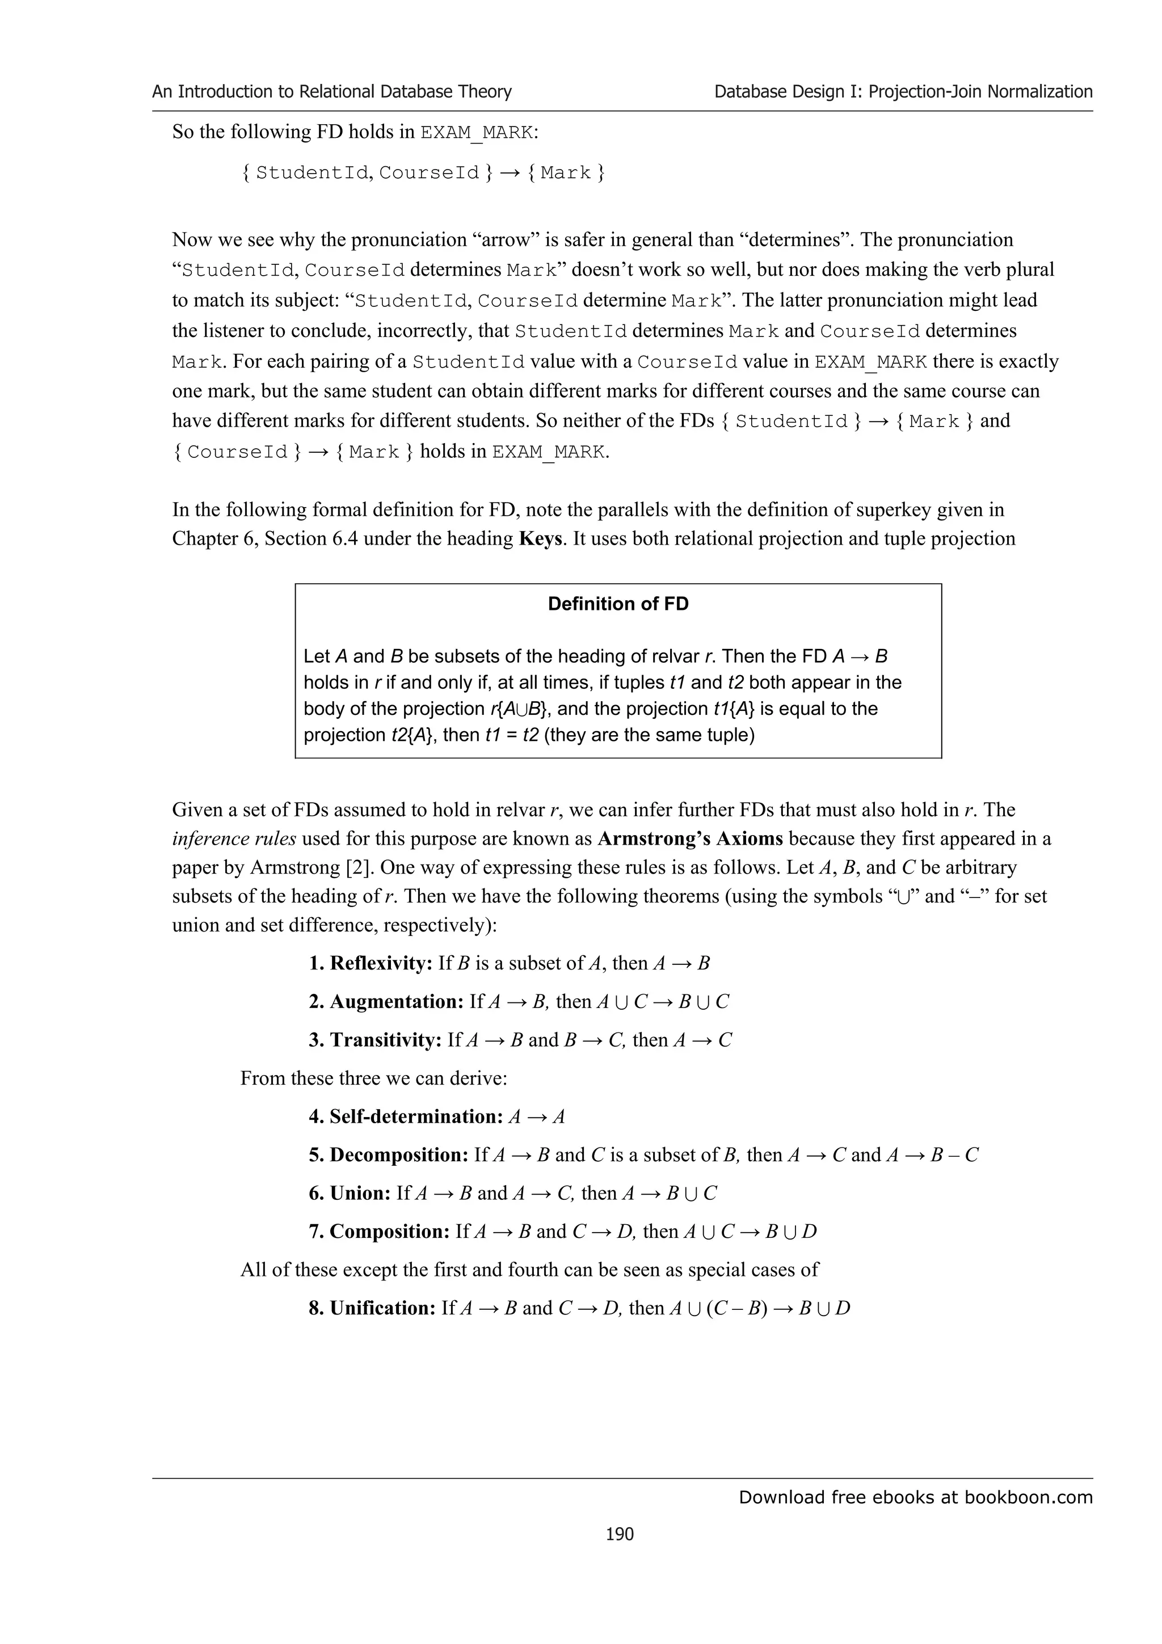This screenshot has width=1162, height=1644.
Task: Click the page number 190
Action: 620,1533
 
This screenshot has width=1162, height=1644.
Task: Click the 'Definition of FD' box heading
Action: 618,604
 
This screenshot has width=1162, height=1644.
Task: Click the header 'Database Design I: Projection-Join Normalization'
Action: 903,92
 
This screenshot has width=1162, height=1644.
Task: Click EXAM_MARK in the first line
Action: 476,133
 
